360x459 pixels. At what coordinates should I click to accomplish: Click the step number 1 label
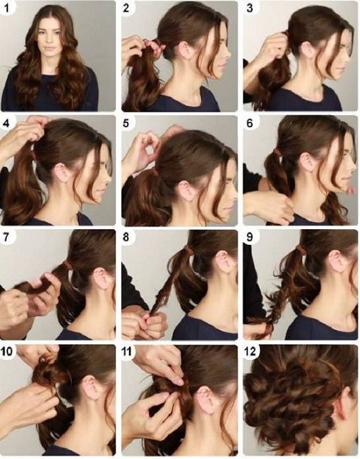[x=7, y=8]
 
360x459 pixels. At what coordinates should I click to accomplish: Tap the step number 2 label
[x=126, y=8]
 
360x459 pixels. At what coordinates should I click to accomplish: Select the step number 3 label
[x=249, y=8]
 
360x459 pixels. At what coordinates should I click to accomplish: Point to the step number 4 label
[x=6, y=123]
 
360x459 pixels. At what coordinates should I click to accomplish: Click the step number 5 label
[x=126, y=123]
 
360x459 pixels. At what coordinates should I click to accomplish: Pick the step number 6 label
[x=249, y=123]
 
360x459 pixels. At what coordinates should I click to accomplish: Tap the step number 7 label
[x=6, y=237]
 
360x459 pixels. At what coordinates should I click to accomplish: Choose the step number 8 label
[x=126, y=237]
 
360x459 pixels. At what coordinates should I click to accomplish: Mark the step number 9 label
[x=249, y=237]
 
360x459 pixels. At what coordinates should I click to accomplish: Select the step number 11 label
[x=126, y=351]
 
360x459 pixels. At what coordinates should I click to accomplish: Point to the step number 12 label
[x=250, y=351]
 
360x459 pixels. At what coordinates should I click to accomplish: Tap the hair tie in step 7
[x=67, y=265]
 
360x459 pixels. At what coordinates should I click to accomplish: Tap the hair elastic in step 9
[x=300, y=251]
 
